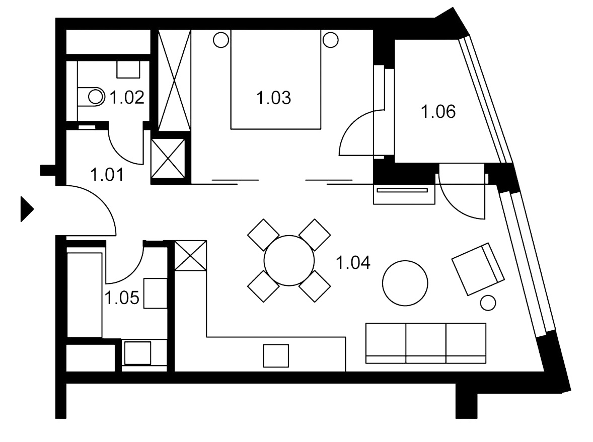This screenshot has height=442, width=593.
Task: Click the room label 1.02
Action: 127,98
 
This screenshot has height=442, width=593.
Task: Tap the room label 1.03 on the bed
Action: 274,98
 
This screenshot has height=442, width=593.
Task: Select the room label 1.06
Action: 438,112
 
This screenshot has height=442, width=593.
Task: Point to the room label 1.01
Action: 107,175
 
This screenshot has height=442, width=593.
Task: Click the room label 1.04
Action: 353,263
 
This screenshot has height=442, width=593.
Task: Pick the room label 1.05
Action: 122,298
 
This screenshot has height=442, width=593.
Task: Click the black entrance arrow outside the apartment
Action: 27,209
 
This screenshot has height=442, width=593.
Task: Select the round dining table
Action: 289,261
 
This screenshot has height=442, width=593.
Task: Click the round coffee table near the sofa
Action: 405,283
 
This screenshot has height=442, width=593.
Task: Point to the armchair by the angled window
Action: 478,269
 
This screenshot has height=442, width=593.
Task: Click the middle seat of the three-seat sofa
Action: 426,343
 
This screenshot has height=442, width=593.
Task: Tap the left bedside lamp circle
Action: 221,40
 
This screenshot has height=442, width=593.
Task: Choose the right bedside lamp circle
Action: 331,40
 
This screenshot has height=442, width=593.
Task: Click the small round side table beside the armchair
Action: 488,303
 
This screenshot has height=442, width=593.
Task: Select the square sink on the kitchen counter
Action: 276,355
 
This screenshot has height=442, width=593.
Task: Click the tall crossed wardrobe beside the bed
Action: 174,81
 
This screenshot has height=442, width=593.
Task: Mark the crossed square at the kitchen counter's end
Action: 191,256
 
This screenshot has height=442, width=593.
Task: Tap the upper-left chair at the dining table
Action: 264,235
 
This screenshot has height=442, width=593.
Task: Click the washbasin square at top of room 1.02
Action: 128,69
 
